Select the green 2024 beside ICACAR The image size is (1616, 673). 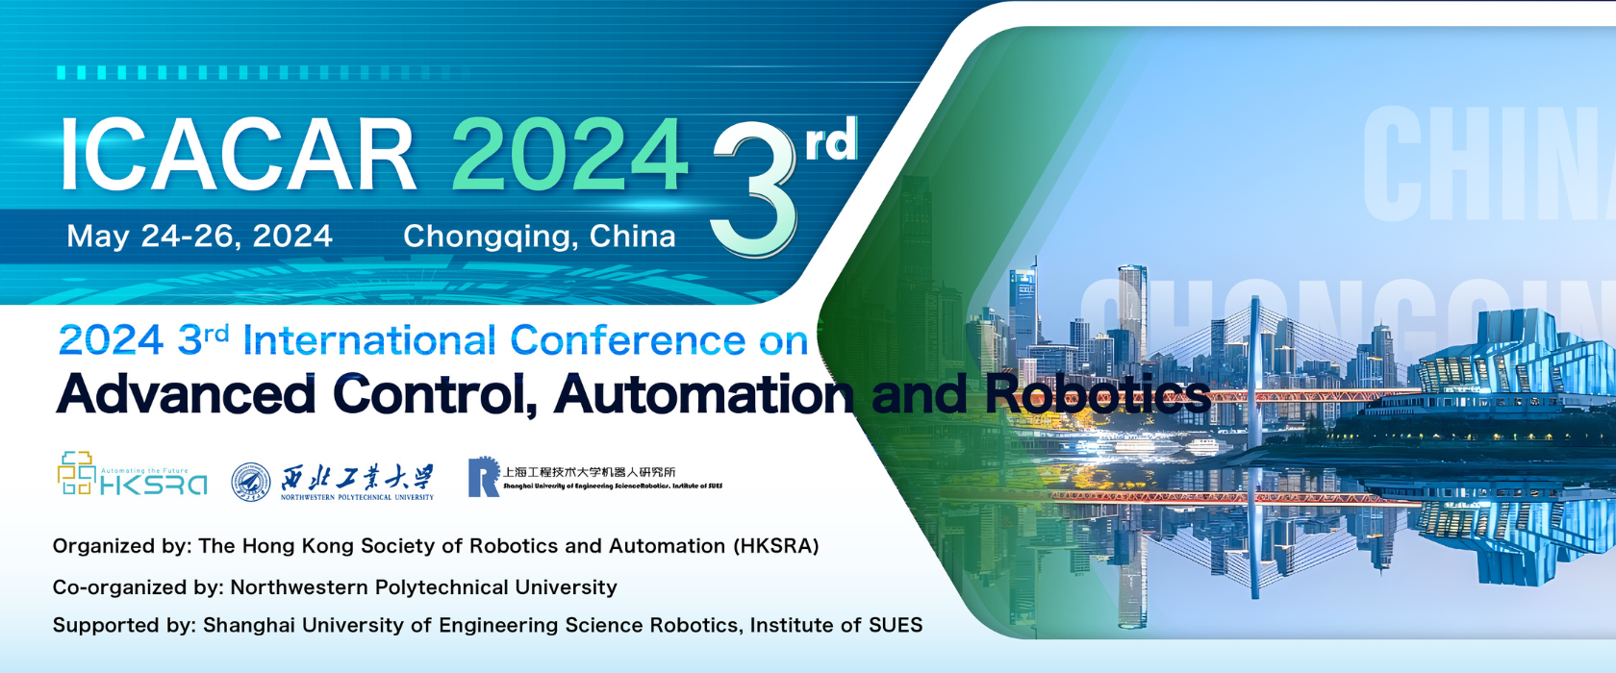click(568, 156)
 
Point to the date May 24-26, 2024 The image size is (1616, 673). click(199, 236)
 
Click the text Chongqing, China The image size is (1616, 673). click(539, 236)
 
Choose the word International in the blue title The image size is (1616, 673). click(369, 340)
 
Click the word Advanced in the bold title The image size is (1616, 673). click(186, 395)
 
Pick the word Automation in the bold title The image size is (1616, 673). click(703, 395)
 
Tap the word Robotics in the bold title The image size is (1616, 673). click(1097, 395)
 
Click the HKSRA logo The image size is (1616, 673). click(132, 474)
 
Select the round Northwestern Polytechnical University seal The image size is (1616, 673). click(251, 482)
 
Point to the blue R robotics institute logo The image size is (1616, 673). click(483, 477)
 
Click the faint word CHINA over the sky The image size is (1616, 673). click(1486, 164)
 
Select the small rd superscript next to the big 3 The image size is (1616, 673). click(830, 141)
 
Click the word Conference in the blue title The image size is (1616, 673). click(627, 340)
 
